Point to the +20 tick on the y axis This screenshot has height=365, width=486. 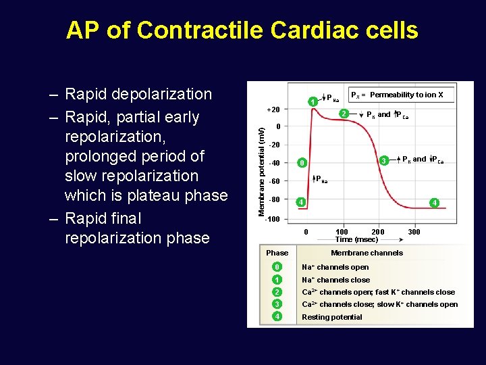[x=273, y=109]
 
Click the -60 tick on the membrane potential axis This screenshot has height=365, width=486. [x=274, y=181]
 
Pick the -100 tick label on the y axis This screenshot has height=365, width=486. [x=273, y=219]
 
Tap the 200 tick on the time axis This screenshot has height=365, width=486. [x=378, y=232]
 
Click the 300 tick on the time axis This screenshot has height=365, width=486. [x=414, y=232]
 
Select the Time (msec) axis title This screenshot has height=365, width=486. [x=356, y=239]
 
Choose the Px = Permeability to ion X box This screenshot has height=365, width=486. [x=401, y=95]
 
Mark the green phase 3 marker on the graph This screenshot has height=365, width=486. [x=383, y=161]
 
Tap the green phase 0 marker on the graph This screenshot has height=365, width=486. [x=302, y=163]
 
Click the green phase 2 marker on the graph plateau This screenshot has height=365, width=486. [x=344, y=114]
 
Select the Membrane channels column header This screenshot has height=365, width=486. [x=367, y=253]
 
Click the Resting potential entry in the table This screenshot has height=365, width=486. [x=331, y=317]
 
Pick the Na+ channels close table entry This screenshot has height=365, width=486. [x=335, y=280]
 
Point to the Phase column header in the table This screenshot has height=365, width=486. [x=277, y=253]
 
